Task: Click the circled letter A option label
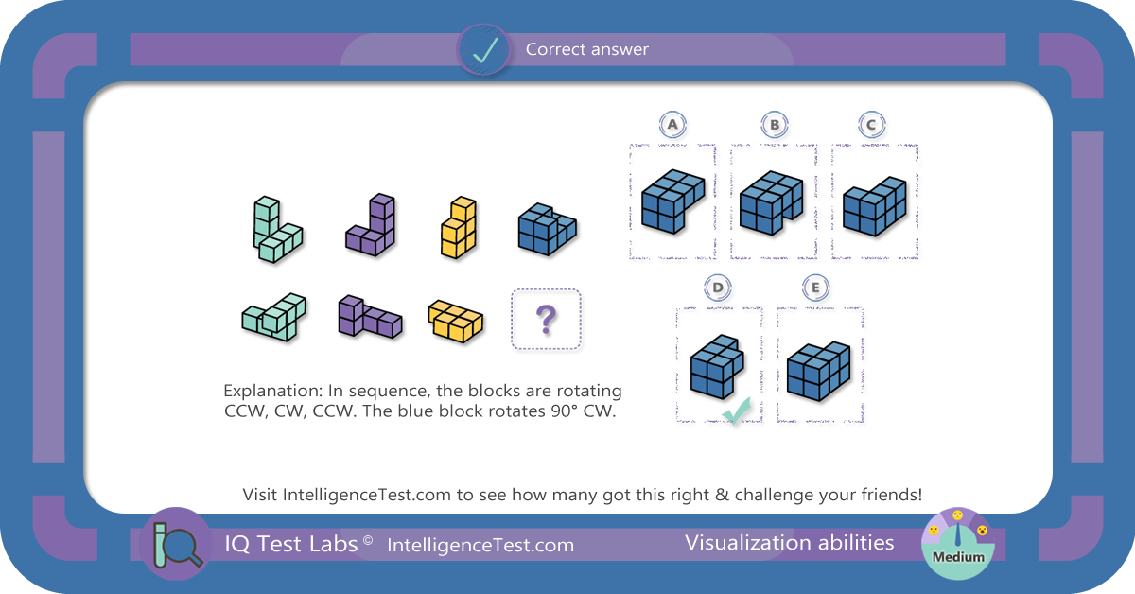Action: tap(672, 124)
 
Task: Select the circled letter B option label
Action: tap(775, 124)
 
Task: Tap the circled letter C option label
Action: tap(871, 124)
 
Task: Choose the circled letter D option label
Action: tap(718, 288)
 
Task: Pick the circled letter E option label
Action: tap(815, 288)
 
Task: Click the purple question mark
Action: tap(547, 320)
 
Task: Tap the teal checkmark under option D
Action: tap(736, 411)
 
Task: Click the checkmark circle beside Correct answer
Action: tap(484, 50)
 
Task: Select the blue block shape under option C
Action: tap(875, 206)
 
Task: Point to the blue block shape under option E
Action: tap(819, 372)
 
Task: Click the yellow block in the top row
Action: tap(458, 228)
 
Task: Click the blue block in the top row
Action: tap(548, 229)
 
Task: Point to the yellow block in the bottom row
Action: tap(456, 321)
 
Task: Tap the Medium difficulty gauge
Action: tap(957, 544)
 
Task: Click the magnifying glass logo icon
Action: tap(176, 544)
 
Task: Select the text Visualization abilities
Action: tap(790, 543)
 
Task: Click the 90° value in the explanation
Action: tap(565, 411)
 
